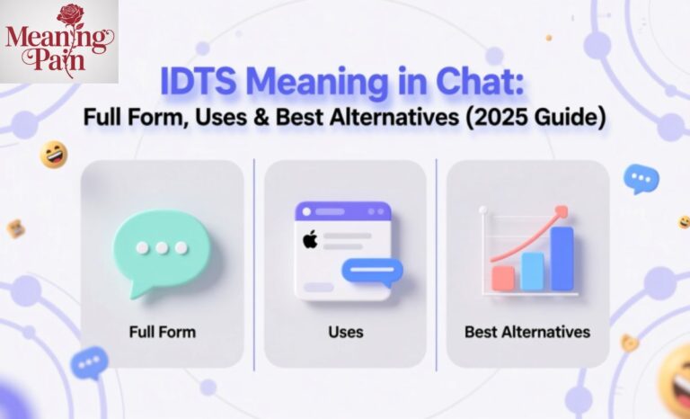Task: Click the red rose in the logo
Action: (71, 15)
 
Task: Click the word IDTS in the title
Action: (199, 83)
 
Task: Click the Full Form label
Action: (162, 332)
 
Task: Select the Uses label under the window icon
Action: (345, 332)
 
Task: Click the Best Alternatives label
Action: (527, 332)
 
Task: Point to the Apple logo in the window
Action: (311, 240)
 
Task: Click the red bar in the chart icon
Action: (503, 277)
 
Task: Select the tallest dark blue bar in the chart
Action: (562, 258)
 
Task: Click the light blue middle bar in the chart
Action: (533, 271)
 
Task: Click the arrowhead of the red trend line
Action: (562, 211)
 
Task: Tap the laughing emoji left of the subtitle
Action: (54, 155)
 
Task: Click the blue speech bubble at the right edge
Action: (641, 178)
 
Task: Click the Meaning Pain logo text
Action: (58, 49)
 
